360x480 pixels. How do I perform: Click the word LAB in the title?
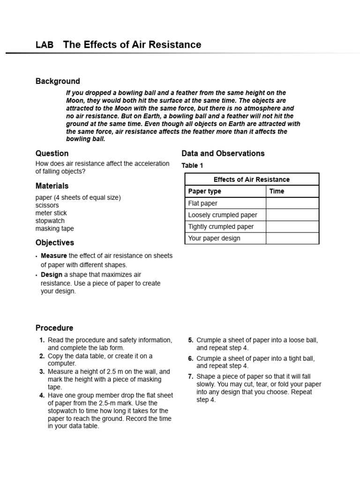tap(45, 45)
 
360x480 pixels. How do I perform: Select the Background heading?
tap(58, 81)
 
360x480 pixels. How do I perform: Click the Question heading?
tap(52, 153)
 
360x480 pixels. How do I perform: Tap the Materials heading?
tap(52, 186)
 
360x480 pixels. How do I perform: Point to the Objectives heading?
tap(55, 243)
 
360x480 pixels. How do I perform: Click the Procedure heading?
tap(54, 328)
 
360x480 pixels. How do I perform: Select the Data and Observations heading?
tap(223, 153)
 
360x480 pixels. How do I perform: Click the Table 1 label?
tap(192, 165)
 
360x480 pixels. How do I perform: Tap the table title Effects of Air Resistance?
tap(252, 180)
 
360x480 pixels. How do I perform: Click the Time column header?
tap(277, 191)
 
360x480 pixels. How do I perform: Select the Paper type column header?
tap(204, 191)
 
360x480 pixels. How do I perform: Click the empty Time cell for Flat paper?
tap(292, 203)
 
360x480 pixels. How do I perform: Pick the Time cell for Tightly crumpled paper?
tap(292, 226)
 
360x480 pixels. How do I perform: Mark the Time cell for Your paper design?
tap(292, 238)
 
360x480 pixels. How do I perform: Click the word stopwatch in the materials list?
tap(50, 221)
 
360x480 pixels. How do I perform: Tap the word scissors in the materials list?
tap(47, 205)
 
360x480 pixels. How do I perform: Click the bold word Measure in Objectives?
tap(54, 256)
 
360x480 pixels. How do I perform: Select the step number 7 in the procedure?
tap(191, 376)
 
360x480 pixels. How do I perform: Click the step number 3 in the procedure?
tap(42, 372)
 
